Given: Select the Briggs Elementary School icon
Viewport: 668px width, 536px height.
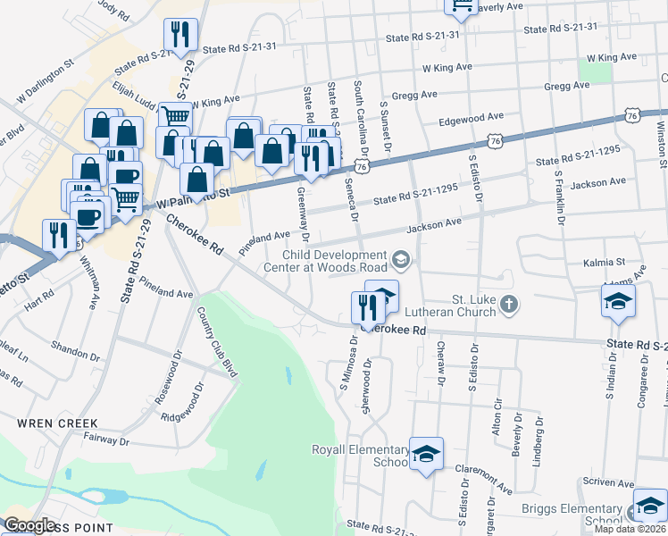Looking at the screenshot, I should coord(649,506).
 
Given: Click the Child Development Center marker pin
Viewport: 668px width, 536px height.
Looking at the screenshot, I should coord(401,260).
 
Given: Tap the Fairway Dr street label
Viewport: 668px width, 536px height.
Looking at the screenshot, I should coord(105,440).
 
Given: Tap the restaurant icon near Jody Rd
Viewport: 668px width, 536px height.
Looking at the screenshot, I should coord(180,35).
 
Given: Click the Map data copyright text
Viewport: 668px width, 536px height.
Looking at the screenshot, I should coord(630,529).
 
